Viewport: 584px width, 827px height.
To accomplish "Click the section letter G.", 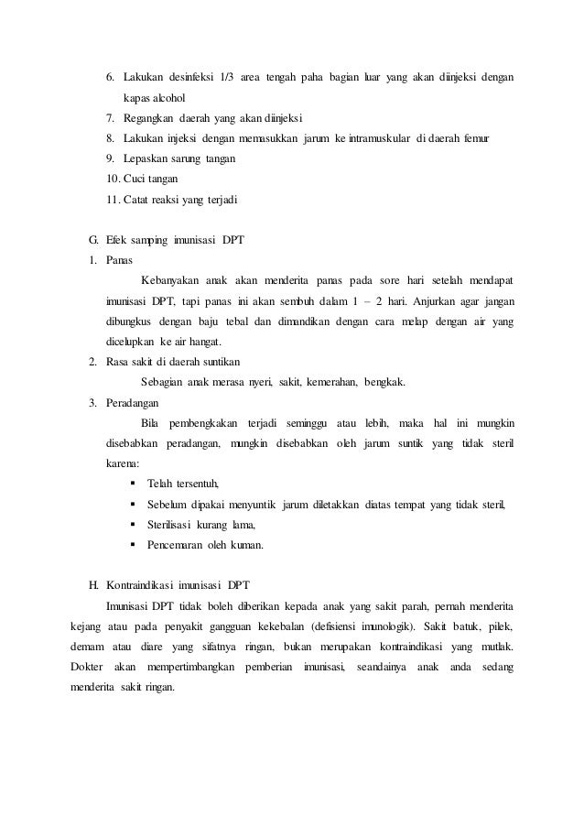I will point(92,240).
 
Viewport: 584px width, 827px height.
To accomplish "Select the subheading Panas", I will point(119,260).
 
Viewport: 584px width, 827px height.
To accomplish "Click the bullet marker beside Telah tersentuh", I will point(135,484).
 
